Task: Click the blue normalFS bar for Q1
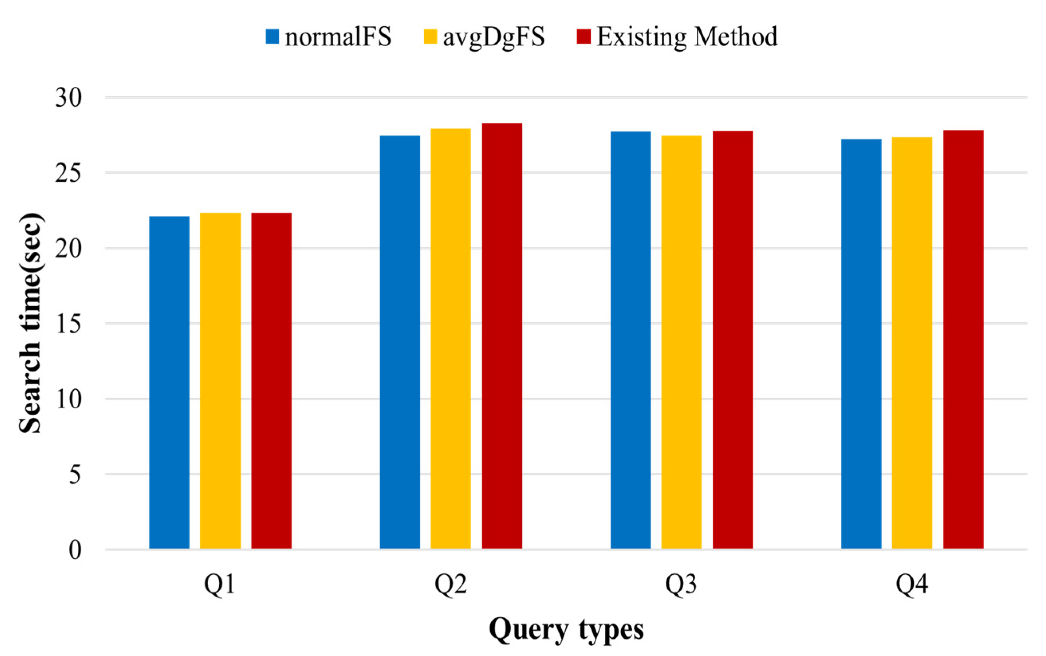pyautogui.click(x=169, y=382)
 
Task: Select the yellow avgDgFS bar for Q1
pyautogui.click(x=220, y=380)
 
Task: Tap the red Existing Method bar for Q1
pyautogui.click(x=271, y=380)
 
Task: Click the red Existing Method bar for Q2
pyautogui.click(x=502, y=336)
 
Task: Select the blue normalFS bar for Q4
pyautogui.click(x=861, y=344)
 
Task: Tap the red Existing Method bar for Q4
pyautogui.click(x=963, y=339)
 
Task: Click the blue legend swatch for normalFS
pyautogui.click(x=272, y=37)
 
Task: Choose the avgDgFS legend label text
pyautogui.click(x=494, y=37)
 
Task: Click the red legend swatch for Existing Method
pyautogui.click(x=584, y=37)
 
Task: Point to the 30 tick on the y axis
pyautogui.click(x=68, y=98)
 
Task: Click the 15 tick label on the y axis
pyautogui.click(x=68, y=324)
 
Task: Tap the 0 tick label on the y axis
pyautogui.click(x=75, y=550)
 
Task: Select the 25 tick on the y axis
pyautogui.click(x=68, y=173)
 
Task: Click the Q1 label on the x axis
pyautogui.click(x=220, y=584)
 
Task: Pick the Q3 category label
pyautogui.click(x=681, y=584)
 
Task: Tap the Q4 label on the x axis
pyautogui.click(x=912, y=584)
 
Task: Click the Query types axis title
pyautogui.click(x=566, y=630)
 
